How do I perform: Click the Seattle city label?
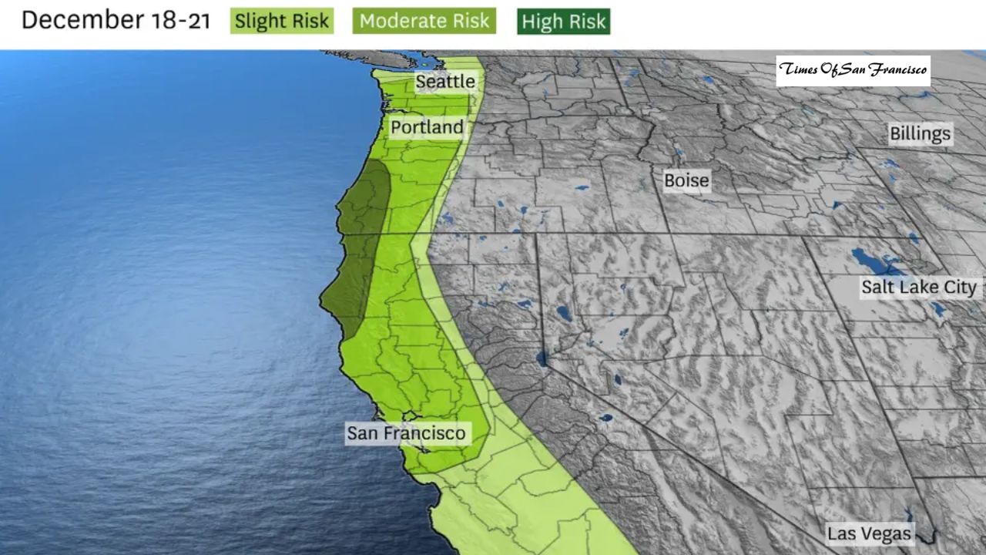pyautogui.click(x=445, y=81)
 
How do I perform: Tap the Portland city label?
pyautogui.click(x=427, y=127)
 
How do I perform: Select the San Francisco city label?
pyautogui.click(x=406, y=433)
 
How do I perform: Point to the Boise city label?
pyautogui.click(x=686, y=180)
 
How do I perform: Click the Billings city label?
pyautogui.click(x=920, y=133)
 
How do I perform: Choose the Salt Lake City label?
pyautogui.click(x=918, y=288)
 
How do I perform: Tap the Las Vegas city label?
pyautogui.click(x=869, y=533)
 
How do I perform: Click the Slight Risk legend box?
pyautogui.click(x=282, y=21)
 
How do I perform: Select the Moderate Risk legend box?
pyautogui.click(x=424, y=21)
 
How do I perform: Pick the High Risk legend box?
pyautogui.click(x=564, y=22)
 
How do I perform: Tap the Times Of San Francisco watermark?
pyautogui.click(x=853, y=70)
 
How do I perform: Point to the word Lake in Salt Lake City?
pyautogui.click(x=917, y=288)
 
